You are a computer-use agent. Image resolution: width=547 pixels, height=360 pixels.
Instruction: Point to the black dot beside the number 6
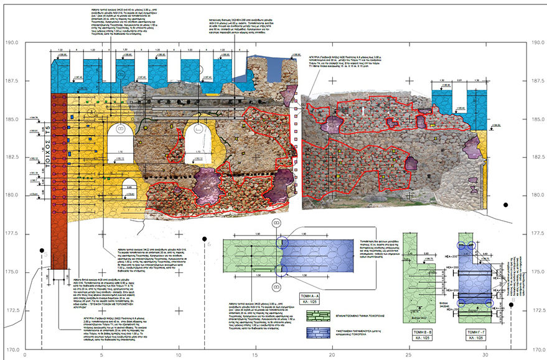[x=203, y=238]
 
